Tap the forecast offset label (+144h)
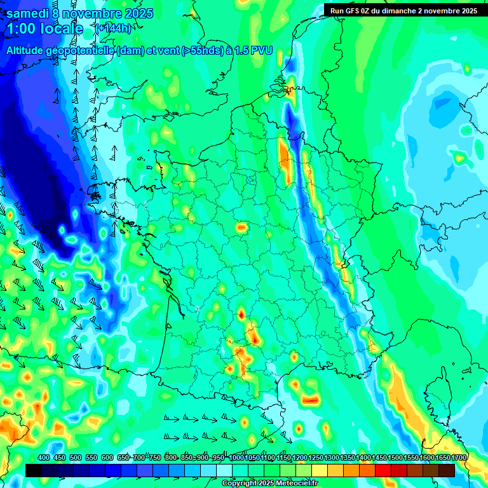click(112, 29)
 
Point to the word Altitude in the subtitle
click(29, 50)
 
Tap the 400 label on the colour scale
click(44, 457)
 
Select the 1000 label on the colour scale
click(236, 457)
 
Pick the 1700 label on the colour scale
click(459, 457)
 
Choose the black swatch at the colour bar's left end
click(34, 470)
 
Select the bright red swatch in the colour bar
click(383, 470)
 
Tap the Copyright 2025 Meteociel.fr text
click(269, 484)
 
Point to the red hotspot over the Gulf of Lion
click(310, 400)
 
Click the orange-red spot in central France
click(241, 227)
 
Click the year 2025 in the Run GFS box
click(469, 10)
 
